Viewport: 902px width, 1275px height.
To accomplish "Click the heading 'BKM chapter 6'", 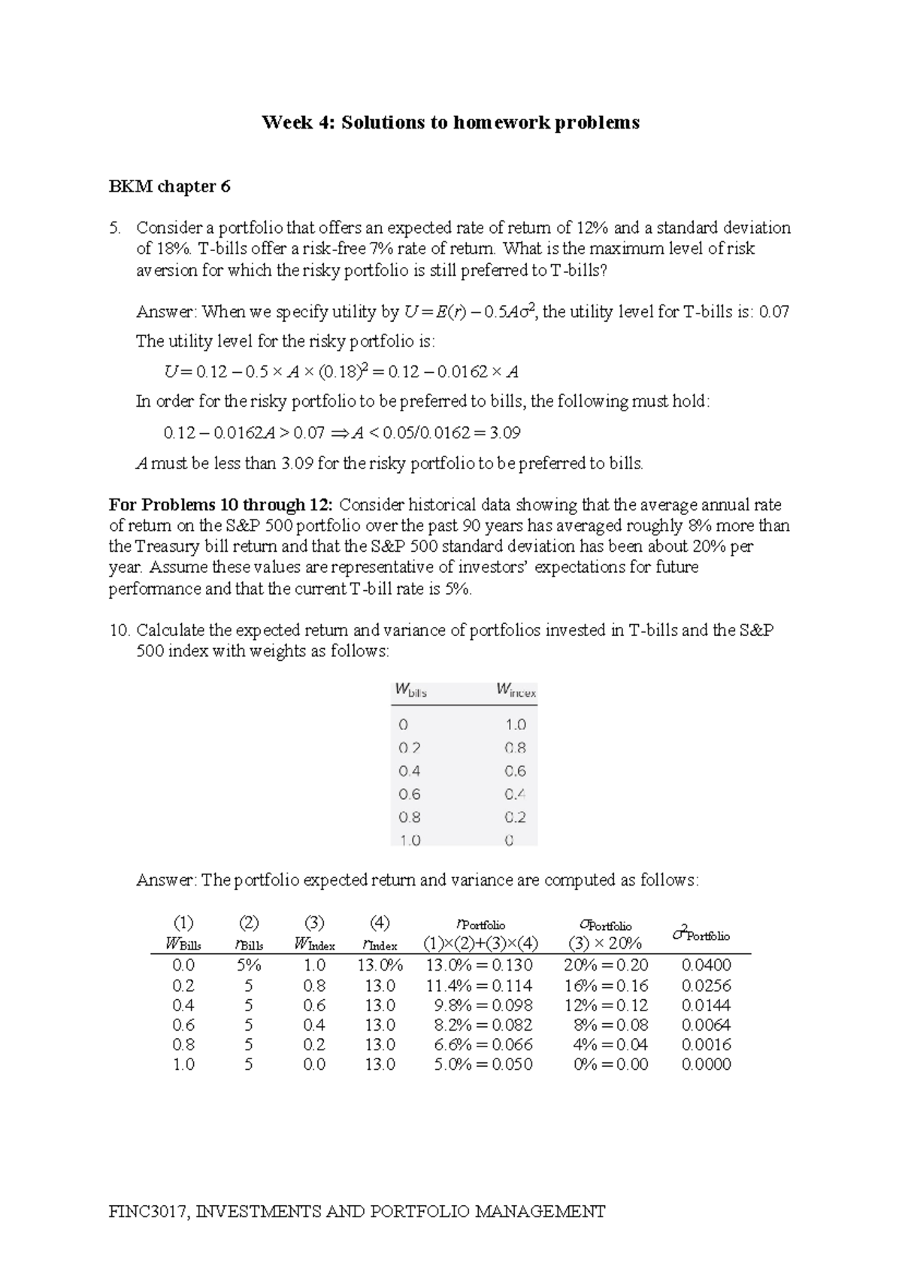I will (169, 186).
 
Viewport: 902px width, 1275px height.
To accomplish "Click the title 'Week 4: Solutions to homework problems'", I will (450, 123).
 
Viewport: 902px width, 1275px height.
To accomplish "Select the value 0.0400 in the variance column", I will (706, 965).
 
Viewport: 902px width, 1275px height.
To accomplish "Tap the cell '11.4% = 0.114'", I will (479, 986).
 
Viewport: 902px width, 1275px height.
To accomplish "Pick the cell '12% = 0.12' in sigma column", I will (606, 1005).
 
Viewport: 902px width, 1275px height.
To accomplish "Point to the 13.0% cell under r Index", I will (380, 965).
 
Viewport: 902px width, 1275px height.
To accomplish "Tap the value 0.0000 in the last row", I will (706, 1065).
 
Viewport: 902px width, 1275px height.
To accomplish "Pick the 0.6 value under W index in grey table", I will (515, 771).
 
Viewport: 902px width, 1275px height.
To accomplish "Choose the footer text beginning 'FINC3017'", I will (357, 1211).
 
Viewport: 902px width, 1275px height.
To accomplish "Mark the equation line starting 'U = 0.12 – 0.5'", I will (341, 372).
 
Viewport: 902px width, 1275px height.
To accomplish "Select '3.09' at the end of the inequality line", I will (504, 433).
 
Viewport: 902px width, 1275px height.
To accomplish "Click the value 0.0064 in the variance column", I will (706, 1025).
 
